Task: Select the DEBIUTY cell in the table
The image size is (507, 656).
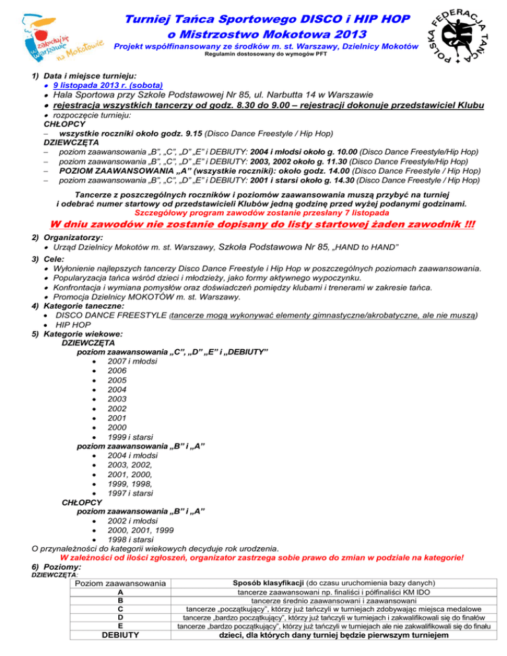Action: [x=119, y=636]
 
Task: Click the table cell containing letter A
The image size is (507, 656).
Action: [x=119, y=593]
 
